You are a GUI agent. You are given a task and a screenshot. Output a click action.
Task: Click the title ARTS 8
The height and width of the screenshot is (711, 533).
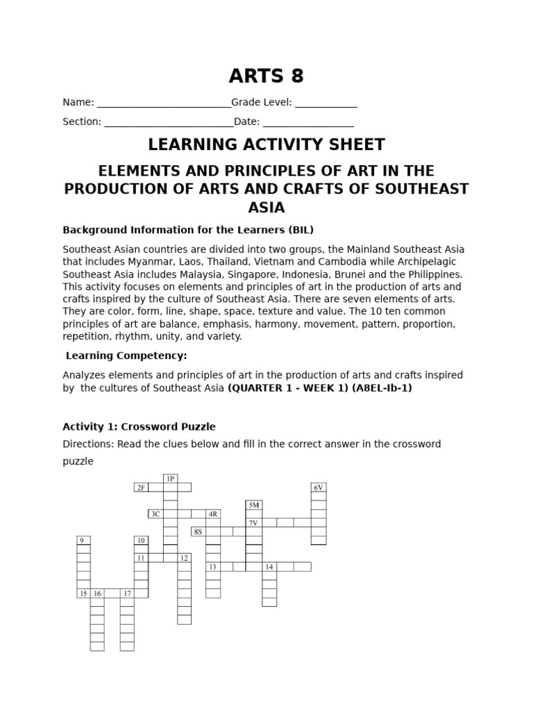(x=266, y=76)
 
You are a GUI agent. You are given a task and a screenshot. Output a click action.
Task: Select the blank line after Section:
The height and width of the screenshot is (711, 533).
(x=169, y=123)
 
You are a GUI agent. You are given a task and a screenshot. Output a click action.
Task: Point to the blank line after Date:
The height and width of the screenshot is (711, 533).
(x=308, y=123)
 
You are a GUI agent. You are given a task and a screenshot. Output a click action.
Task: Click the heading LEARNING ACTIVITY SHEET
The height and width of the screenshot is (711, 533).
(x=266, y=144)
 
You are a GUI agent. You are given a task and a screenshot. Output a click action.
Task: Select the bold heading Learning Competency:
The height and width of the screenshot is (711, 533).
(x=126, y=355)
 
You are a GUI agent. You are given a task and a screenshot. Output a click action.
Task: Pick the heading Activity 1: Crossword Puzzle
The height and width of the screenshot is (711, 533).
(x=139, y=426)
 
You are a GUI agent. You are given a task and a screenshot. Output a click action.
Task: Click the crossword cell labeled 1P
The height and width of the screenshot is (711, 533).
(x=170, y=478)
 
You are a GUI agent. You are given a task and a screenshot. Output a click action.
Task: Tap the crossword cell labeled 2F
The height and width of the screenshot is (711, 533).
(x=142, y=487)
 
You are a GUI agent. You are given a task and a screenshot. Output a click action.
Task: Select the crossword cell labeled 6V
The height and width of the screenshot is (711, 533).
(x=319, y=487)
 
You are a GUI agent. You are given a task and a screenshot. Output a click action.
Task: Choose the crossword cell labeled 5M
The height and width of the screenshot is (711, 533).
(x=253, y=505)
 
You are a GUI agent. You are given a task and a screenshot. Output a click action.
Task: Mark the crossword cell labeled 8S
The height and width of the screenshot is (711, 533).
(x=198, y=531)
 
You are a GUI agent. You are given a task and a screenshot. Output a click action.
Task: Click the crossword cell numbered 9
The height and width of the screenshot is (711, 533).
(x=83, y=540)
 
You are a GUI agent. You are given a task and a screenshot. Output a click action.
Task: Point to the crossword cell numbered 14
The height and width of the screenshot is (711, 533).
(x=269, y=567)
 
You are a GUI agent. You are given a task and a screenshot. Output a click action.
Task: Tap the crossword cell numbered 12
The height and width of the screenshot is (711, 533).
(x=184, y=558)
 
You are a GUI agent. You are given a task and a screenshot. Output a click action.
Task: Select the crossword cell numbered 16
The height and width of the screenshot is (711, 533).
(x=97, y=593)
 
